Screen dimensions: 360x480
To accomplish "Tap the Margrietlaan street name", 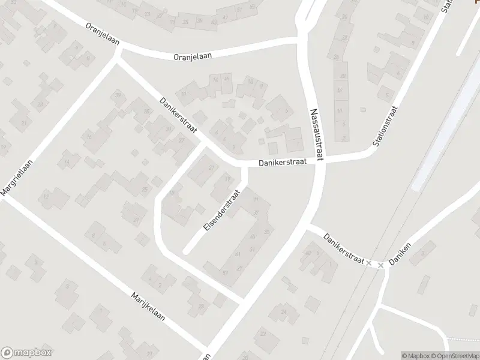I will coord(17,173).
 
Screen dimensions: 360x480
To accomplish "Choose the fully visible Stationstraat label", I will coord(385,127).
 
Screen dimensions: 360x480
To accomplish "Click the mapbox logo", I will coord(27,353).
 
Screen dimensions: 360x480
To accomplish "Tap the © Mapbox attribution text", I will coord(416,356).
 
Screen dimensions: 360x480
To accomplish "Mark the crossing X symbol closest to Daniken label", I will coord(380,265).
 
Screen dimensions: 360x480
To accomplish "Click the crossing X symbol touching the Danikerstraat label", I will coord(369,263).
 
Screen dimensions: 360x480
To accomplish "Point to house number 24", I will coord(284,312).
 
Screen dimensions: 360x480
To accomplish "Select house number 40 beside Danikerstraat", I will coord(307,253).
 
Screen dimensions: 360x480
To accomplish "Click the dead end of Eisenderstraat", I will coord(186,250).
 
